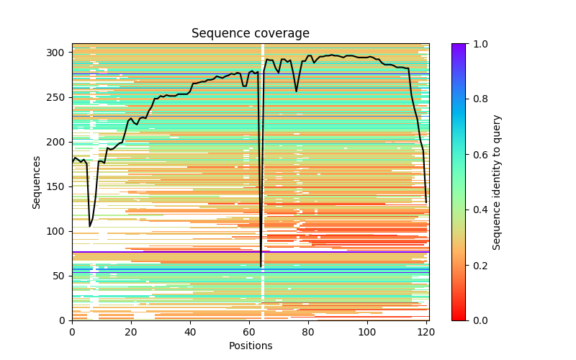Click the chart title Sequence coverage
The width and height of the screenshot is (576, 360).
tap(250, 34)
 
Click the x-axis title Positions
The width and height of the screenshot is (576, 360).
tap(250, 346)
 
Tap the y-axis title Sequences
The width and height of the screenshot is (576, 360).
tap(37, 182)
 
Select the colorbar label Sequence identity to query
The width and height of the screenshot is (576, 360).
tap(497, 182)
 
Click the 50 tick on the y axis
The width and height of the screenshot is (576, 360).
tap(59, 276)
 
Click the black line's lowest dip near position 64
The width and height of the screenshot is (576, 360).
tap(261, 266)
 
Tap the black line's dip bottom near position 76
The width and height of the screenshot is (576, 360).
tap(296, 91)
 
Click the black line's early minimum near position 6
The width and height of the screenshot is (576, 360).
tap(90, 226)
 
